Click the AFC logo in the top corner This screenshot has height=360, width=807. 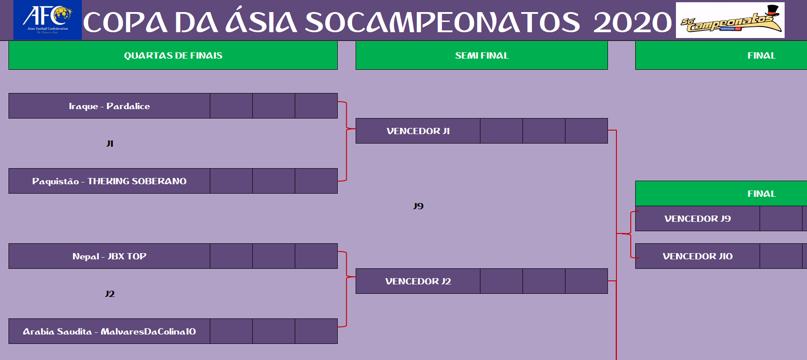47,20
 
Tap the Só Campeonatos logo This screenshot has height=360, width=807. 730,20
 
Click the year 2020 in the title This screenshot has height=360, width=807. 633,22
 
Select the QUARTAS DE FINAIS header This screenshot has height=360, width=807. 173,55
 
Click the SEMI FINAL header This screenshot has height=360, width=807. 482,55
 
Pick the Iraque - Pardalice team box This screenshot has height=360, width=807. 110,106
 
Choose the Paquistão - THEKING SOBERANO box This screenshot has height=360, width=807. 110,181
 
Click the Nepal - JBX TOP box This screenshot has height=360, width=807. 110,256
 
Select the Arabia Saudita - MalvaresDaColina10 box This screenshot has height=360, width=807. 110,331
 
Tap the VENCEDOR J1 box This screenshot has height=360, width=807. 418,131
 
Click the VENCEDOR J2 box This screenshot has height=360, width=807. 418,281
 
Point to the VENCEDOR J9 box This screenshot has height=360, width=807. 698,219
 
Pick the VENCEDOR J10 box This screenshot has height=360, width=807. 698,256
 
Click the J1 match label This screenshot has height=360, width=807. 110,144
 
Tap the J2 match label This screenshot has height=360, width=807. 110,294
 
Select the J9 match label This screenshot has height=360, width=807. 418,206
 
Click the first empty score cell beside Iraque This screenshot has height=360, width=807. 231,106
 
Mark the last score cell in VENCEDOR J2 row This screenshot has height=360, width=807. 586,281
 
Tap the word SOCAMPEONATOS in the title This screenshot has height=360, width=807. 443,22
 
